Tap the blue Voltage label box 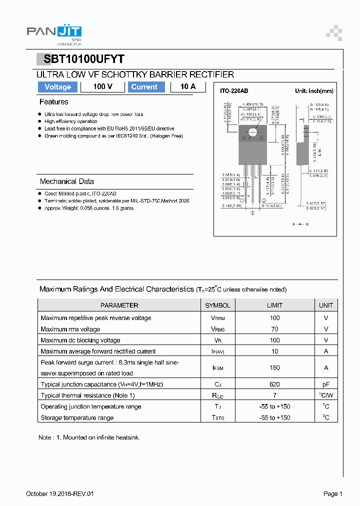pos(57,87)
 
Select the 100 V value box pos(102,87)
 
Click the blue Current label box pos(144,87)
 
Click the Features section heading pos(53,102)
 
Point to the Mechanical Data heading pos(66,181)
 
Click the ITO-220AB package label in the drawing pos(234,91)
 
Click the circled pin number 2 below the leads pos(252,212)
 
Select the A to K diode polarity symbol pos(300,224)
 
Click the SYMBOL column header pos(217,305)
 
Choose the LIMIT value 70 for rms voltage pos(274,329)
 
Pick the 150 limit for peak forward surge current pos(274,367)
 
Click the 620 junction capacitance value pos(274,384)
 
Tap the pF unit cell pos(325,384)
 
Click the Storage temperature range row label pos(77,417)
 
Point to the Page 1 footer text pos(332,494)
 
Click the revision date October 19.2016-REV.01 pos(60,494)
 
